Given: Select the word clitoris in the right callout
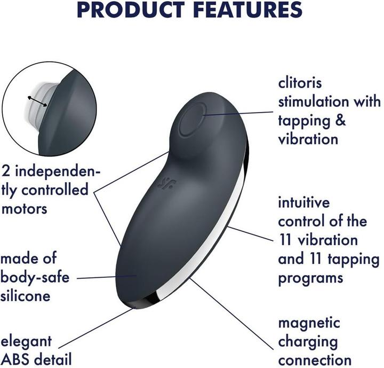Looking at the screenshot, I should click(301, 84).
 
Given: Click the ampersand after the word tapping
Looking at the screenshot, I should click(340, 120).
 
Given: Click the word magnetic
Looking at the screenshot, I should click(309, 323).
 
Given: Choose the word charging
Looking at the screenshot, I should click(308, 341).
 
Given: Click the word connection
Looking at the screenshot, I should click(315, 359).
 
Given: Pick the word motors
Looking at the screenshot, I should click(25, 208).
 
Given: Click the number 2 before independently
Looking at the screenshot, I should click(6, 171).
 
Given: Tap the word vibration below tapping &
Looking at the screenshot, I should click(308, 139).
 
